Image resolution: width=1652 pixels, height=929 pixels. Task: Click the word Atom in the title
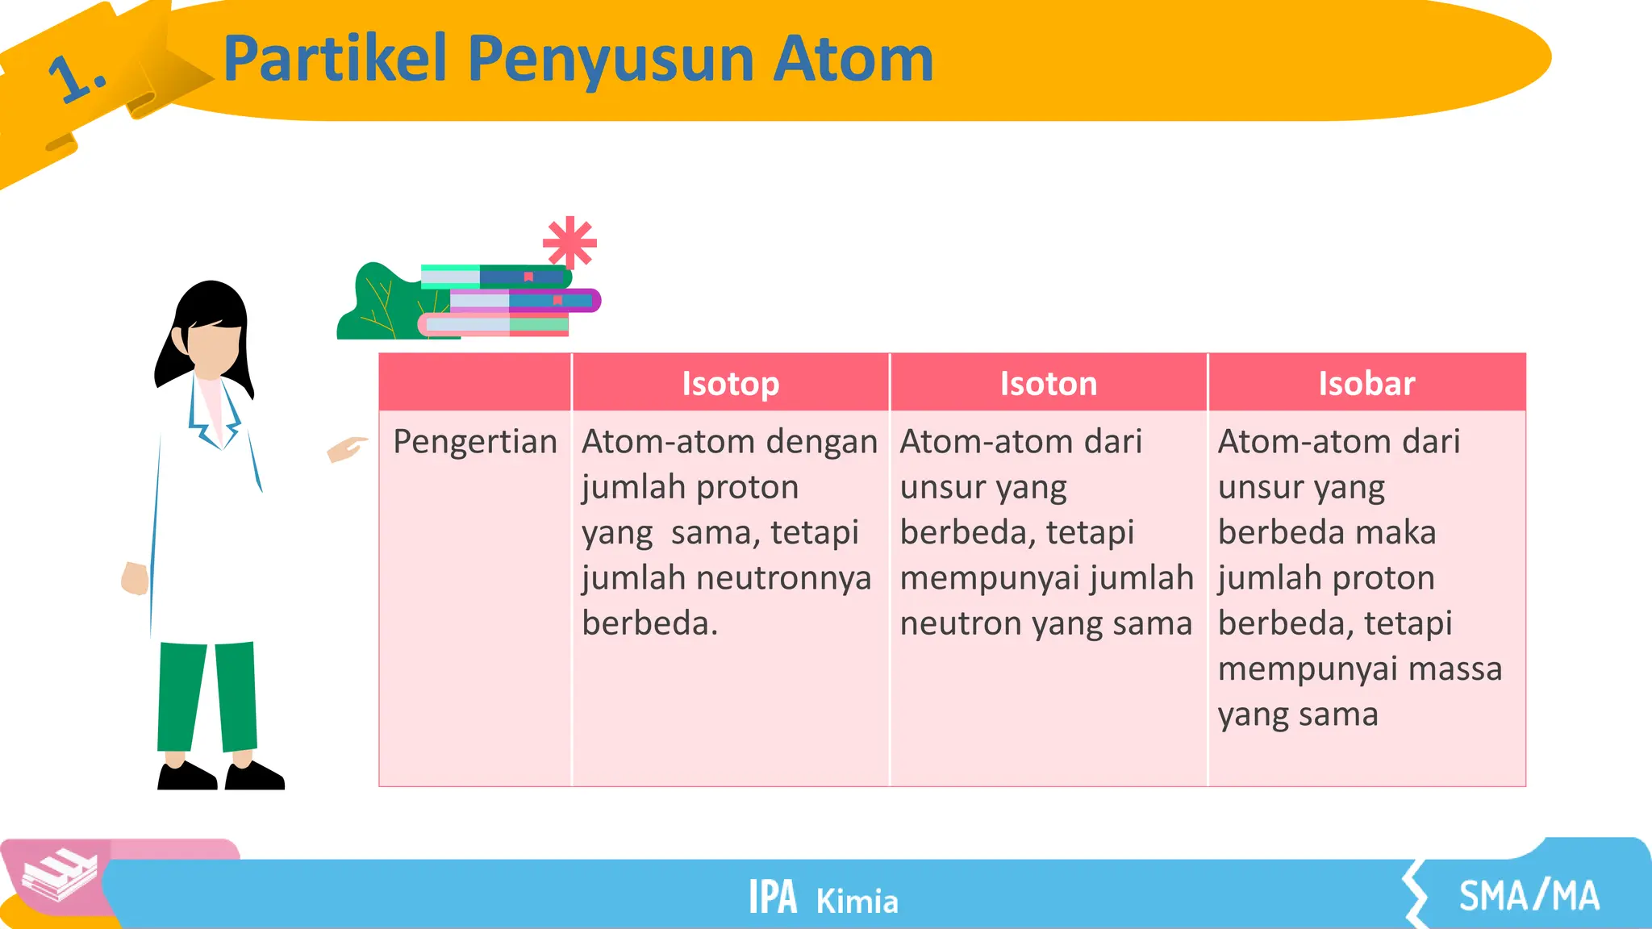coord(853,59)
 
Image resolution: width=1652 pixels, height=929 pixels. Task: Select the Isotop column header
coord(730,383)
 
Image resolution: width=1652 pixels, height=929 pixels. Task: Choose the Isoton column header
coord(1048,383)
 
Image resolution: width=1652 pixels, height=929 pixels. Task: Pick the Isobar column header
coord(1366,383)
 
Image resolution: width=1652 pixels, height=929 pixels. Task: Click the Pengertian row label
coord(475,442)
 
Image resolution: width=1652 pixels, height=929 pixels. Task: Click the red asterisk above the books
coord(569,242)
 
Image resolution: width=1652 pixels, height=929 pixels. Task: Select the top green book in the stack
coord(496,277)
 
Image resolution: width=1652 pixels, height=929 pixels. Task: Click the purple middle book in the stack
coord(524,301)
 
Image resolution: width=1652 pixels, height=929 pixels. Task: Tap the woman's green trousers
coord(206,694)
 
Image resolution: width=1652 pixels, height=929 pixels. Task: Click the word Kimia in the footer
coord(857,902)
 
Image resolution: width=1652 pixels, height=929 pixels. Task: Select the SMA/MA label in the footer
coord(1528,896)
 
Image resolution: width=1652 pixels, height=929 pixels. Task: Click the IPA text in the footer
coord(772,897)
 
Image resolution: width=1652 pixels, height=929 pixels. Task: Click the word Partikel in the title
coord(335,59)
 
